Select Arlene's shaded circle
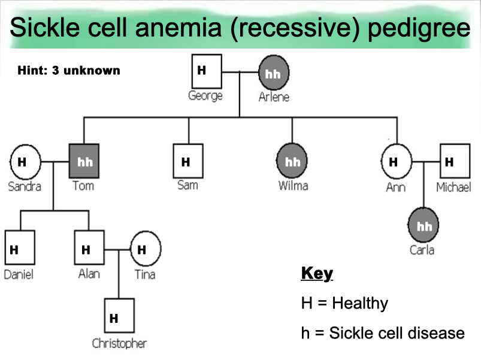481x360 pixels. [273, 74]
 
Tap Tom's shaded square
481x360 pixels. [84, 162]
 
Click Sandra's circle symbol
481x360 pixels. [25, 162]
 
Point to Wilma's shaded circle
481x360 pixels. [292, 162]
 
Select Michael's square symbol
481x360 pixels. [454, 162]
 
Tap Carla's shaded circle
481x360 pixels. [423, 226]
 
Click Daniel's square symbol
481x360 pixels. [19, 250]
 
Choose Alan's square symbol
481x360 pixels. [89, 250]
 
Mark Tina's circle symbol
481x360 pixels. [146, 250]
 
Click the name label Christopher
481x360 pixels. [119, 343]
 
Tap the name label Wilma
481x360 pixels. [293, 186]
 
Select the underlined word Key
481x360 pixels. [316, 274]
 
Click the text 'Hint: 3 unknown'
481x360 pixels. [69, 71]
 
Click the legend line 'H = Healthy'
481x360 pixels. [344, 303]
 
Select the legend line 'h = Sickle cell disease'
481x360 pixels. [383, 332]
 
